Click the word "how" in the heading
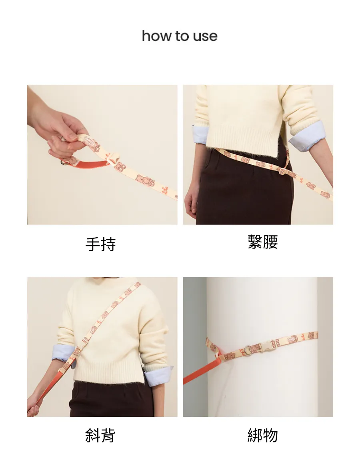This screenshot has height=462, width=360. (156, 36)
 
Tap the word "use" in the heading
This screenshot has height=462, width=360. (205, 36)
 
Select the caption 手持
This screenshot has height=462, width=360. (100, 244)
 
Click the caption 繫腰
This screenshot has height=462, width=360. (263, 242)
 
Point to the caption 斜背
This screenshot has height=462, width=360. (100, 435)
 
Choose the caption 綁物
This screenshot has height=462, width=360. (263, 435)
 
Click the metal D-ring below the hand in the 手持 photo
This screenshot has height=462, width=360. (64, 162)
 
